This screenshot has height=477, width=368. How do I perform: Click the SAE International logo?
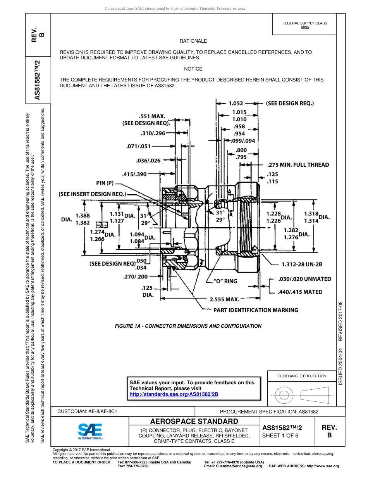pyautogui.click(x=90, y=431)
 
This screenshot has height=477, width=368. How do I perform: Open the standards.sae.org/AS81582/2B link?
pyautogui.click(x=174, y=394)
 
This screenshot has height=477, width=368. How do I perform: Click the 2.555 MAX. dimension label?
pyautogui.click(x=224, y=299)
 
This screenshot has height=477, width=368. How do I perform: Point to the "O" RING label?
pyautogui.click(x=225, y=281)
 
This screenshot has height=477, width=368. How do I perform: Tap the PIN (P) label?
pyautogui.click(x=105, y=183)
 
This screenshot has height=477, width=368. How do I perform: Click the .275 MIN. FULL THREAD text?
pyautogui.click(x=298, y=165)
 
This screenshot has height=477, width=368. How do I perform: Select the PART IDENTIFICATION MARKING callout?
pyautogui.click(x=256, y=310)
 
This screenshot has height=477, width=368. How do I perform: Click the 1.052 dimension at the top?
pyautogui.click(x=236, y=104)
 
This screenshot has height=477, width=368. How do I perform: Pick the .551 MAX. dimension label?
pyautogui.click(x=152, y=116)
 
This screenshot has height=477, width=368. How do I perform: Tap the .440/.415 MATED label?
pyautogui.click(x=300, y=292)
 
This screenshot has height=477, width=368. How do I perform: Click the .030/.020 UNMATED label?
pyautogui.click(x=305, y=279)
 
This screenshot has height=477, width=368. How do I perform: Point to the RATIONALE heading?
pyautogui.click(x=193, y=41)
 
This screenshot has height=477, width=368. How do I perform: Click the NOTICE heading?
pyautogui.click(x=193, y=69)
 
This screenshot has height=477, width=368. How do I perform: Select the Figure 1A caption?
pyautogui.click(x=188, y=326)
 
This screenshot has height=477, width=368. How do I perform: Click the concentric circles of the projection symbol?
pyautogui.click(x=284, y=395)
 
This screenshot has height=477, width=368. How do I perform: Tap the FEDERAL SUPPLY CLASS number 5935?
pyautogui.click(x=305, y=28)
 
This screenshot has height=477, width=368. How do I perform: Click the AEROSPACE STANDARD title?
pyautogui.click(x=194, y=422)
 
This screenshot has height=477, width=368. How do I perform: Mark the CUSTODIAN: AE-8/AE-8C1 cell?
pyautogui.click(x=87, y=411)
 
